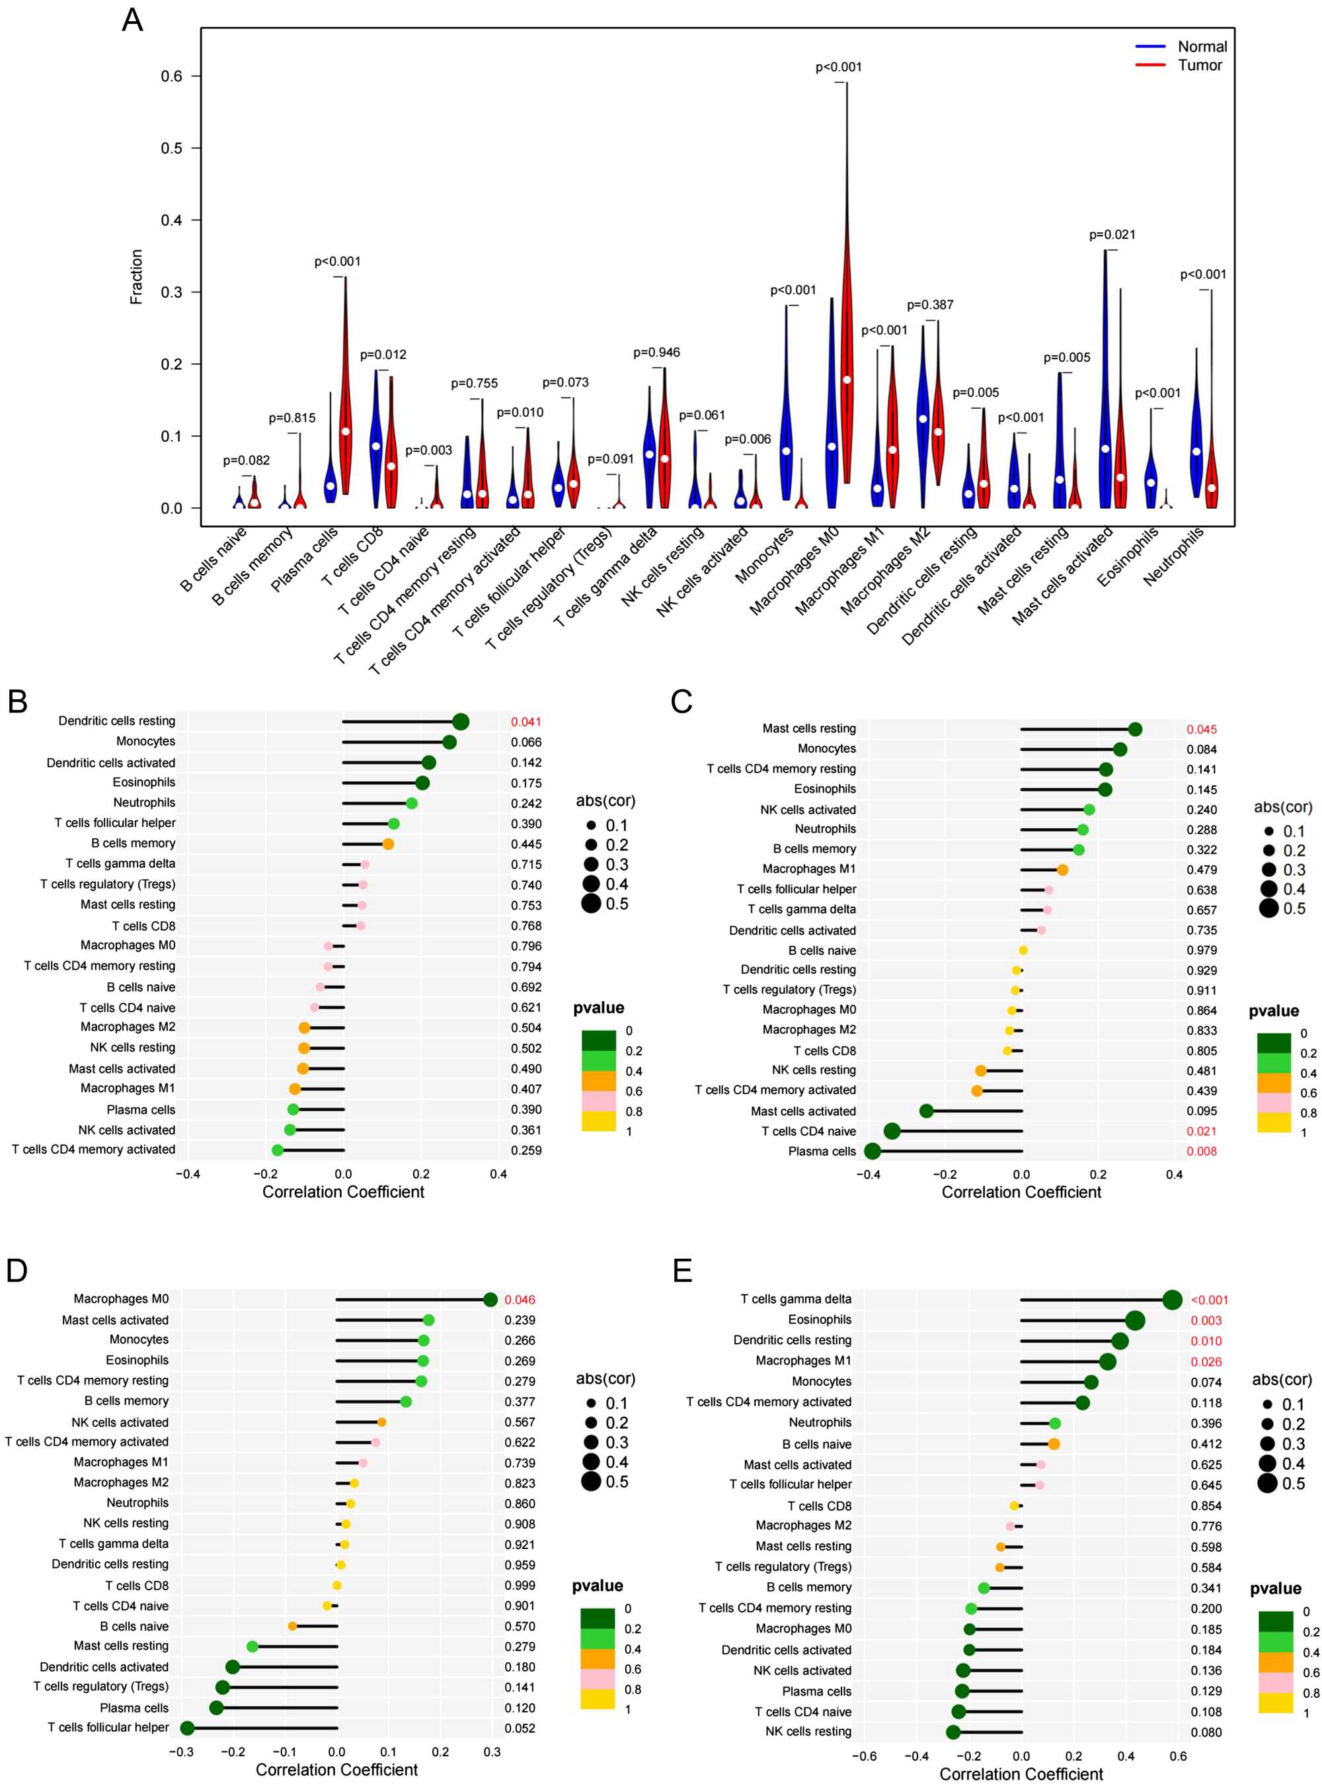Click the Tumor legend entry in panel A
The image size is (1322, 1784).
(1199, 65)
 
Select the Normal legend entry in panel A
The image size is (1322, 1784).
(1201, 46)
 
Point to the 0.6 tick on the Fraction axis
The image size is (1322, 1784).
(171, 76)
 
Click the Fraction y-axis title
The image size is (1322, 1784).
(137, 276)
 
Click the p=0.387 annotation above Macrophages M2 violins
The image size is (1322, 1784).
(930, 305)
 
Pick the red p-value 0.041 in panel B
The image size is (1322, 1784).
(525, 722)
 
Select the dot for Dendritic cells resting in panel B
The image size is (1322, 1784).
(460, 722)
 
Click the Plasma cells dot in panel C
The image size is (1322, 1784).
(873, 1152)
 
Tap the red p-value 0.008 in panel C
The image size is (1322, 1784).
(1201, 1152)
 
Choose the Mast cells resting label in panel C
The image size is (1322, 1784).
(808, 729)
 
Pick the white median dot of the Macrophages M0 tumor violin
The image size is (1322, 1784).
(847, 380)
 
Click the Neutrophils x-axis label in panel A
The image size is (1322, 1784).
(1174, 558)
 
